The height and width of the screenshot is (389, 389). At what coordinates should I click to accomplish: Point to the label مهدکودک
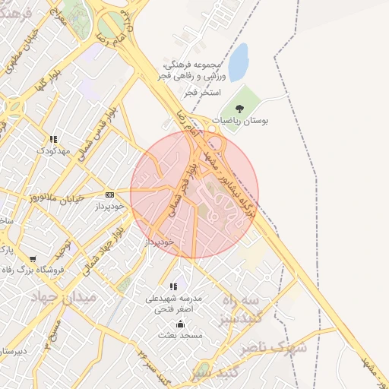point(53,150)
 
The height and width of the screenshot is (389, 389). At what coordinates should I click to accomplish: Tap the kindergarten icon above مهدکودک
point(53,140)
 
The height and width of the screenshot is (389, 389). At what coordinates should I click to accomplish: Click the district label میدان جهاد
point(65,298)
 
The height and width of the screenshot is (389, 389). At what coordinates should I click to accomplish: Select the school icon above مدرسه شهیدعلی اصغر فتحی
point(174,287)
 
